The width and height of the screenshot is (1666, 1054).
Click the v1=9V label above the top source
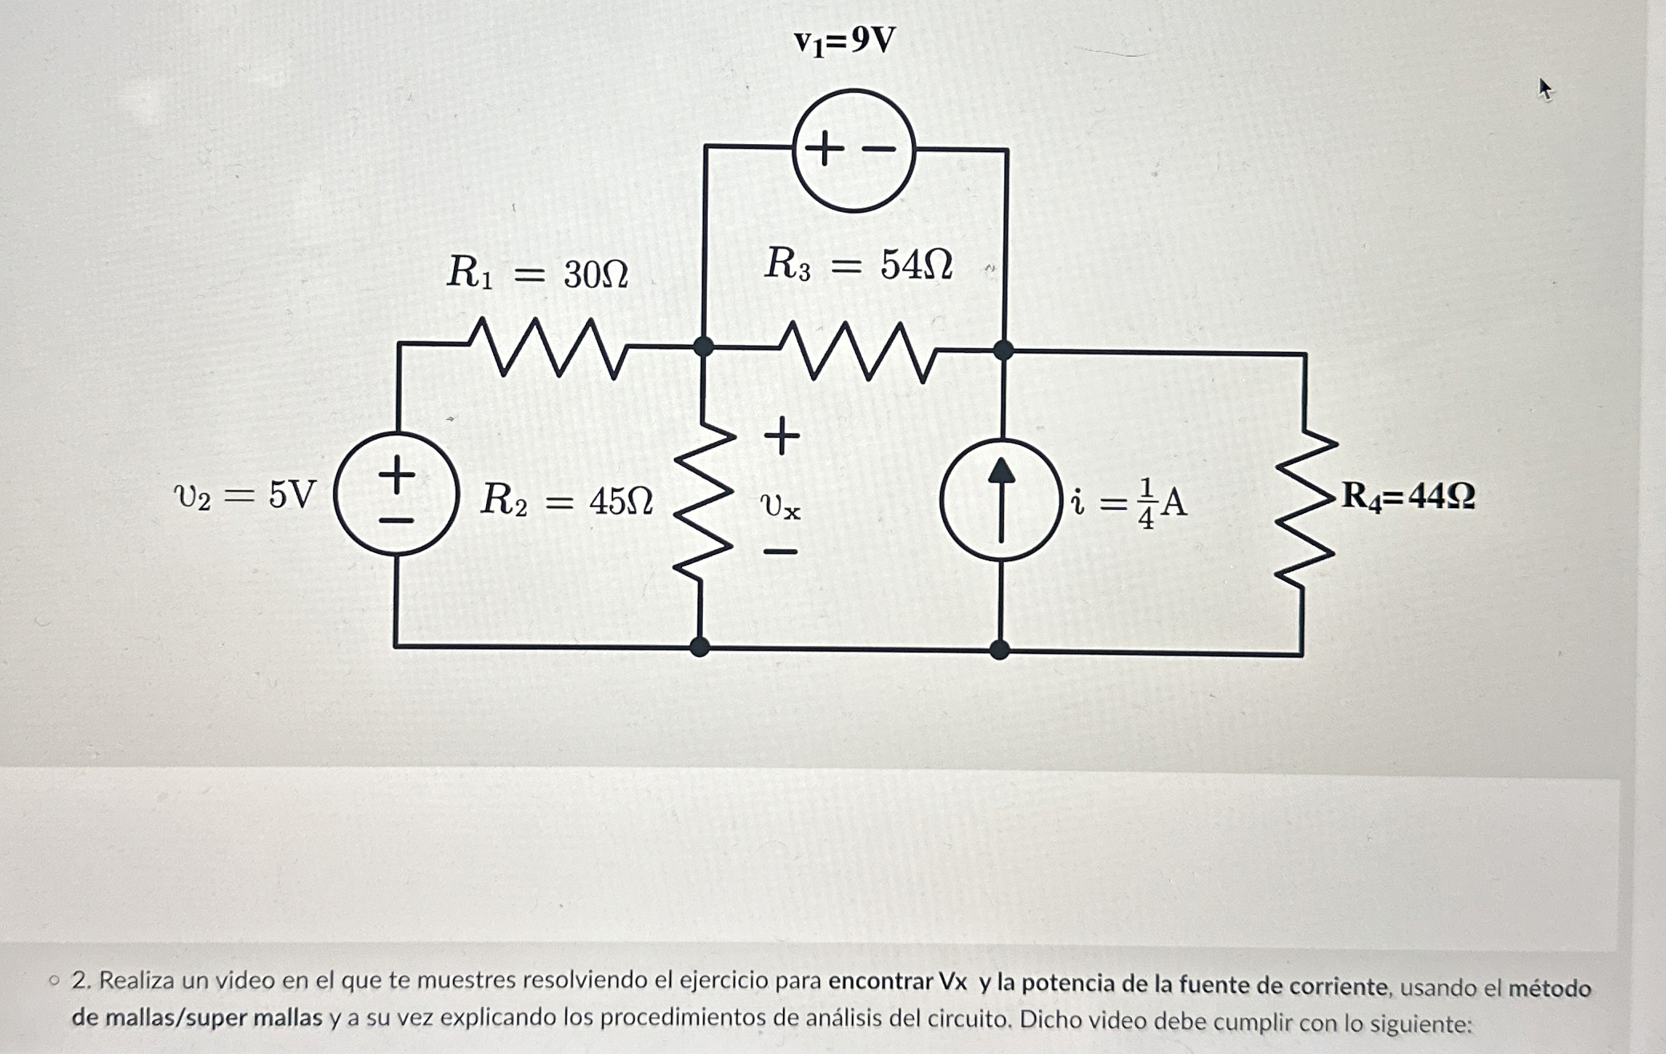pyautogui.click(x=845, y=40)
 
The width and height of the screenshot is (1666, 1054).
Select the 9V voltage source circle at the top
pyautogui.click(x=853, y=150)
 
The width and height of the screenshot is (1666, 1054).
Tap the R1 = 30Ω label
pyautogui.click(x=537, y=273)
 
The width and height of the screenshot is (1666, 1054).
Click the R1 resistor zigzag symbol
pyautogui.click(x=548, y=347)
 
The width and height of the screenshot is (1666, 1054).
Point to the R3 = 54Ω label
pyautogui.click(x=858, y=264)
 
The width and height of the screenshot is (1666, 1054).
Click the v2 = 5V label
pyautogui.click(x=245, y=495)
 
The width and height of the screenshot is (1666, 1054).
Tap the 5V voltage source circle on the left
pyautogui.click(x=396, y=494)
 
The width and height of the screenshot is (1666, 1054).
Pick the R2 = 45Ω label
pyautogui.click(x=567, y=501)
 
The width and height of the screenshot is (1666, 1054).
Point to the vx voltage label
pyautogui.click(x=780, y=506)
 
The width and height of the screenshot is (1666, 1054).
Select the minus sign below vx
pyautogui.click(x=781, y=551)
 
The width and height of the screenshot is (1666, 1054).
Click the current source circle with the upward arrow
pyautogui.click(x=1001, y=500)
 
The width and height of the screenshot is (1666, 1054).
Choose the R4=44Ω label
pyautogui.click(x=1407, y=496)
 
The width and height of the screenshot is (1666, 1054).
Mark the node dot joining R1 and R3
pyautogui.click(x=703, y=347)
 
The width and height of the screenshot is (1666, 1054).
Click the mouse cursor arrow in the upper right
pyautogui.click(x=1544, y=89)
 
